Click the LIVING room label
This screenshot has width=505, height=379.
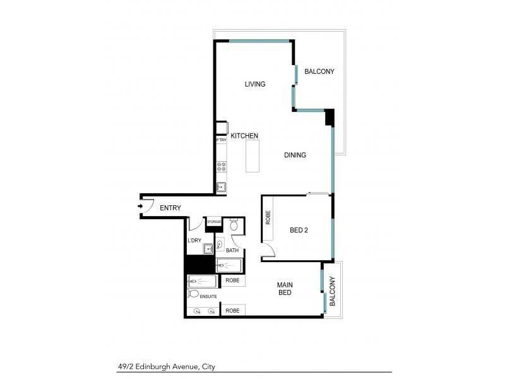(x=254, y=84)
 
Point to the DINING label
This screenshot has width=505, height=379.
(x=295, y=155)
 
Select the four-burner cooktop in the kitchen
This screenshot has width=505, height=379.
(x=222, y=167)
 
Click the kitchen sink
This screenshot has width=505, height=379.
(x=222, y=186)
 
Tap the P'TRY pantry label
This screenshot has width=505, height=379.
(x=222, y=140)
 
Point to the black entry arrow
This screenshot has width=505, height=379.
(x=140, y=206)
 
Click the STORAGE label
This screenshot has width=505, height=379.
(x=215, y=222)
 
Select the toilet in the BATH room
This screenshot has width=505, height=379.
(x=233, y=225)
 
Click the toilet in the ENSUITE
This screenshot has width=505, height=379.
(x=193, y=294)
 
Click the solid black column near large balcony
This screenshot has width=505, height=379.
(x=328, y=117)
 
